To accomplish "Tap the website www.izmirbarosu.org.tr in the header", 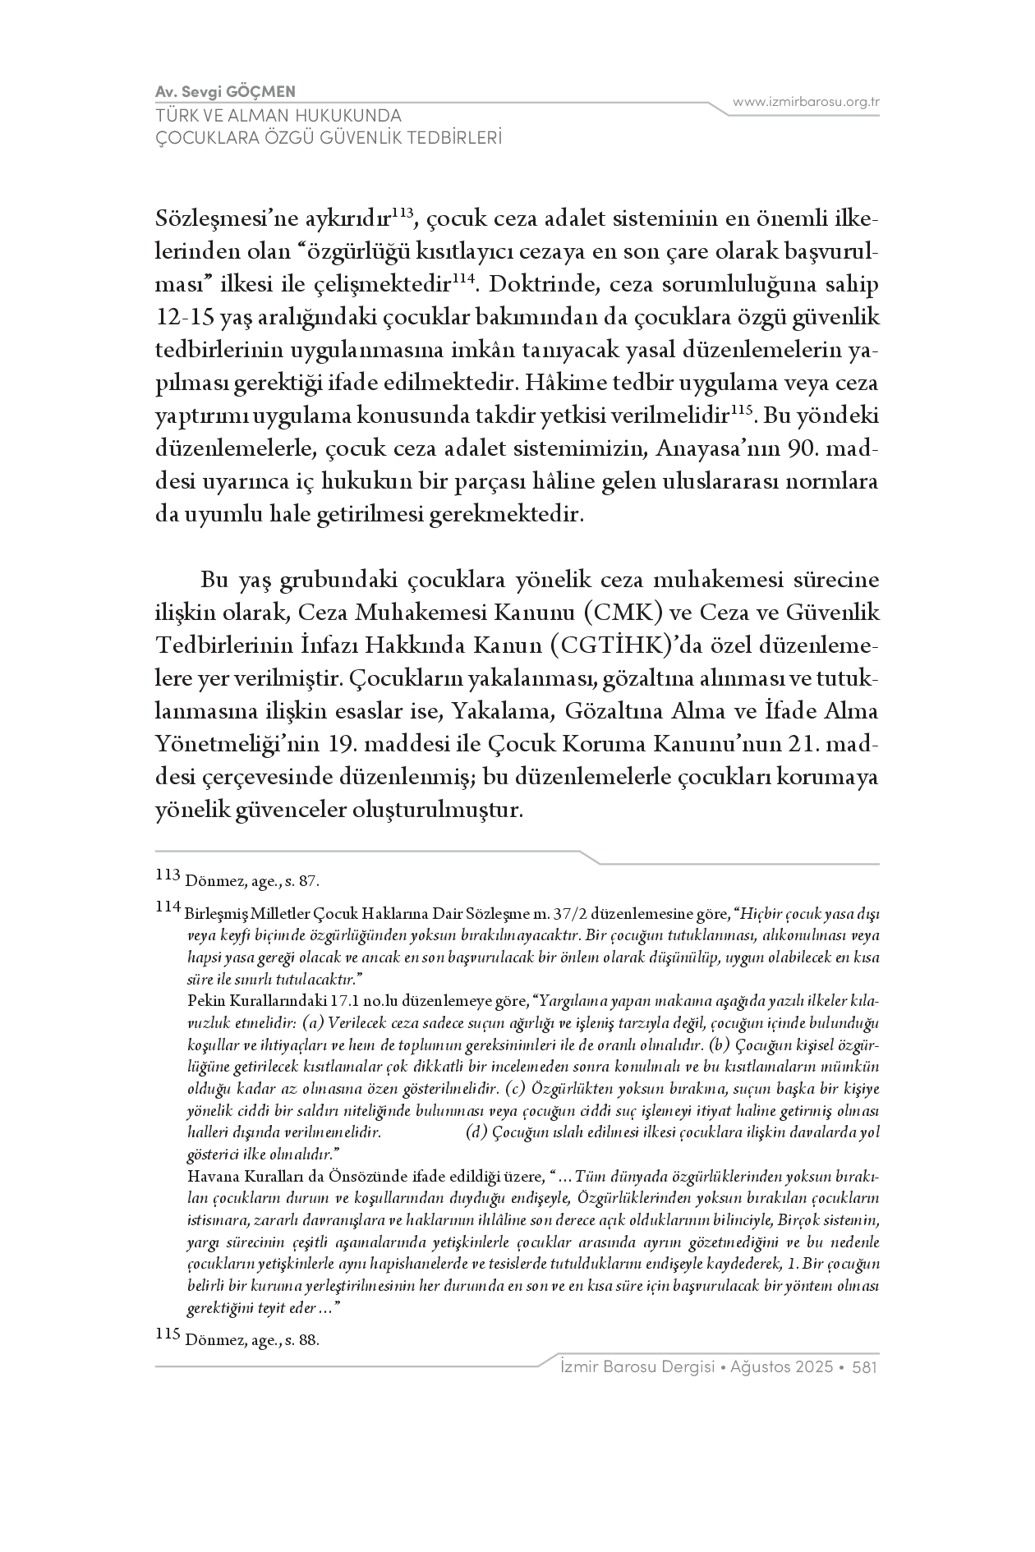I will (806, 102).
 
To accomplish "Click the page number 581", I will (865, 1367).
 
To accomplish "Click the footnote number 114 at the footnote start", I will (168, 907).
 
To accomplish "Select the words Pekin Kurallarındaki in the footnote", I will (246, 1001).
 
